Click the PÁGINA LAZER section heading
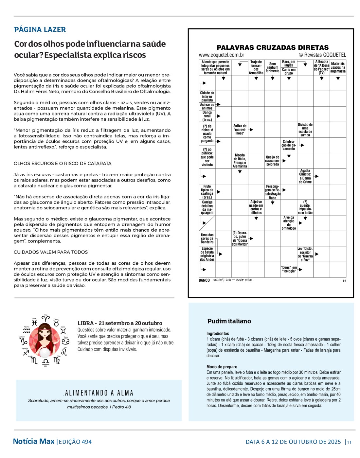click(40, 30)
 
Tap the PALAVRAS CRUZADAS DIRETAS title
click(272, 48)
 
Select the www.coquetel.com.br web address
click(221, 55)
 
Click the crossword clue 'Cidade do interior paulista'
click(207, 97)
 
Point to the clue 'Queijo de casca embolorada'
click(272, 161)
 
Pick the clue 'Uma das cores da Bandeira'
click(207, 238)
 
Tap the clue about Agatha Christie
click(305, 176)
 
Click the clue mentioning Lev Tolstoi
click(305, 254)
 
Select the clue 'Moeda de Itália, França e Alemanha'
click(240, 161)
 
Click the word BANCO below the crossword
click(204, 280)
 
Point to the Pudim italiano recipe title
click(229, 321)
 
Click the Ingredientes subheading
click(218, 334)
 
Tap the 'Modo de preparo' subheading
click(222, 367)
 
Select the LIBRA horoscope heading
click(120, 323)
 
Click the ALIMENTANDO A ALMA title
click(99, 393)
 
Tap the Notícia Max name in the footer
click(34, 442)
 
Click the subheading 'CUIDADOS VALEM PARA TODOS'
click(51, 252)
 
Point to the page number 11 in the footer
click(349, 442)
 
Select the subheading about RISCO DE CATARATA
click(63, 164)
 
